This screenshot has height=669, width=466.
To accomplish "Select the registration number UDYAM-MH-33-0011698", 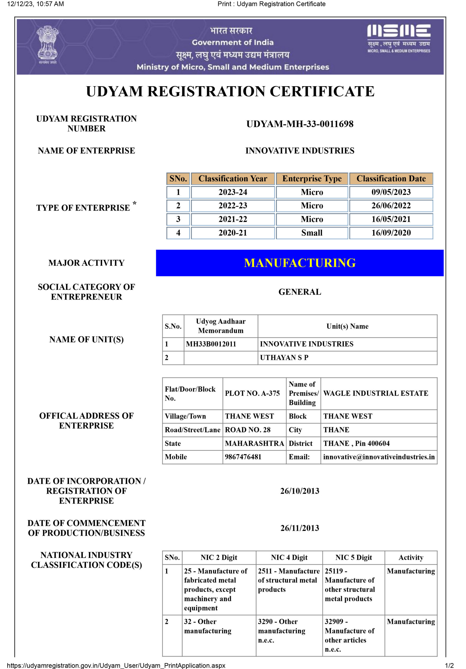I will [x=300, y=124].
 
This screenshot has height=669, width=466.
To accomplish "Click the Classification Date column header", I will [x=391, y=178].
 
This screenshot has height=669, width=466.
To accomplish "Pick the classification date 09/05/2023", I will [x=391, y=192].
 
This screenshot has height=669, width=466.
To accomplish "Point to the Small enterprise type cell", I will [x=312, y=233].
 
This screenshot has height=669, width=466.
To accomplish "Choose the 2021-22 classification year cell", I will [x=233, y=219].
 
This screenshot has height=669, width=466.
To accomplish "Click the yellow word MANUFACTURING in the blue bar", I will [x=300, y=263].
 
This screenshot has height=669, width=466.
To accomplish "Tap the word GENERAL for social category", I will [x=300, y=292].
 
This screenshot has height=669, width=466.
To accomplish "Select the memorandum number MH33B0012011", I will [x=211, y=344].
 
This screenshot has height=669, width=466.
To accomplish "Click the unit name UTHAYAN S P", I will [x=284, y=357].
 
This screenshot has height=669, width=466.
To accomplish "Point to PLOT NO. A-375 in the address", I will [x=252, y=393].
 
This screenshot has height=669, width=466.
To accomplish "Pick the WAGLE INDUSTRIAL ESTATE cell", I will [x=375, y=393].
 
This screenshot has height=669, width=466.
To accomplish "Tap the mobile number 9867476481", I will [x=243, y=457].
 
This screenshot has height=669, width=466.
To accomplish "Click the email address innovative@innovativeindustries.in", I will [x=379, y=457].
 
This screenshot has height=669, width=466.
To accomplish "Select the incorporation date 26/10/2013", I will [x=300, y=491].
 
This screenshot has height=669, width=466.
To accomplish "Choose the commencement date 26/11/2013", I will [x=300, y=528].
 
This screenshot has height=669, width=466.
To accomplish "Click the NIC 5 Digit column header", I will [x=353, y=557].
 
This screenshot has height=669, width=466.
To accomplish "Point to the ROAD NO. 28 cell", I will [x=247, y=430].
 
